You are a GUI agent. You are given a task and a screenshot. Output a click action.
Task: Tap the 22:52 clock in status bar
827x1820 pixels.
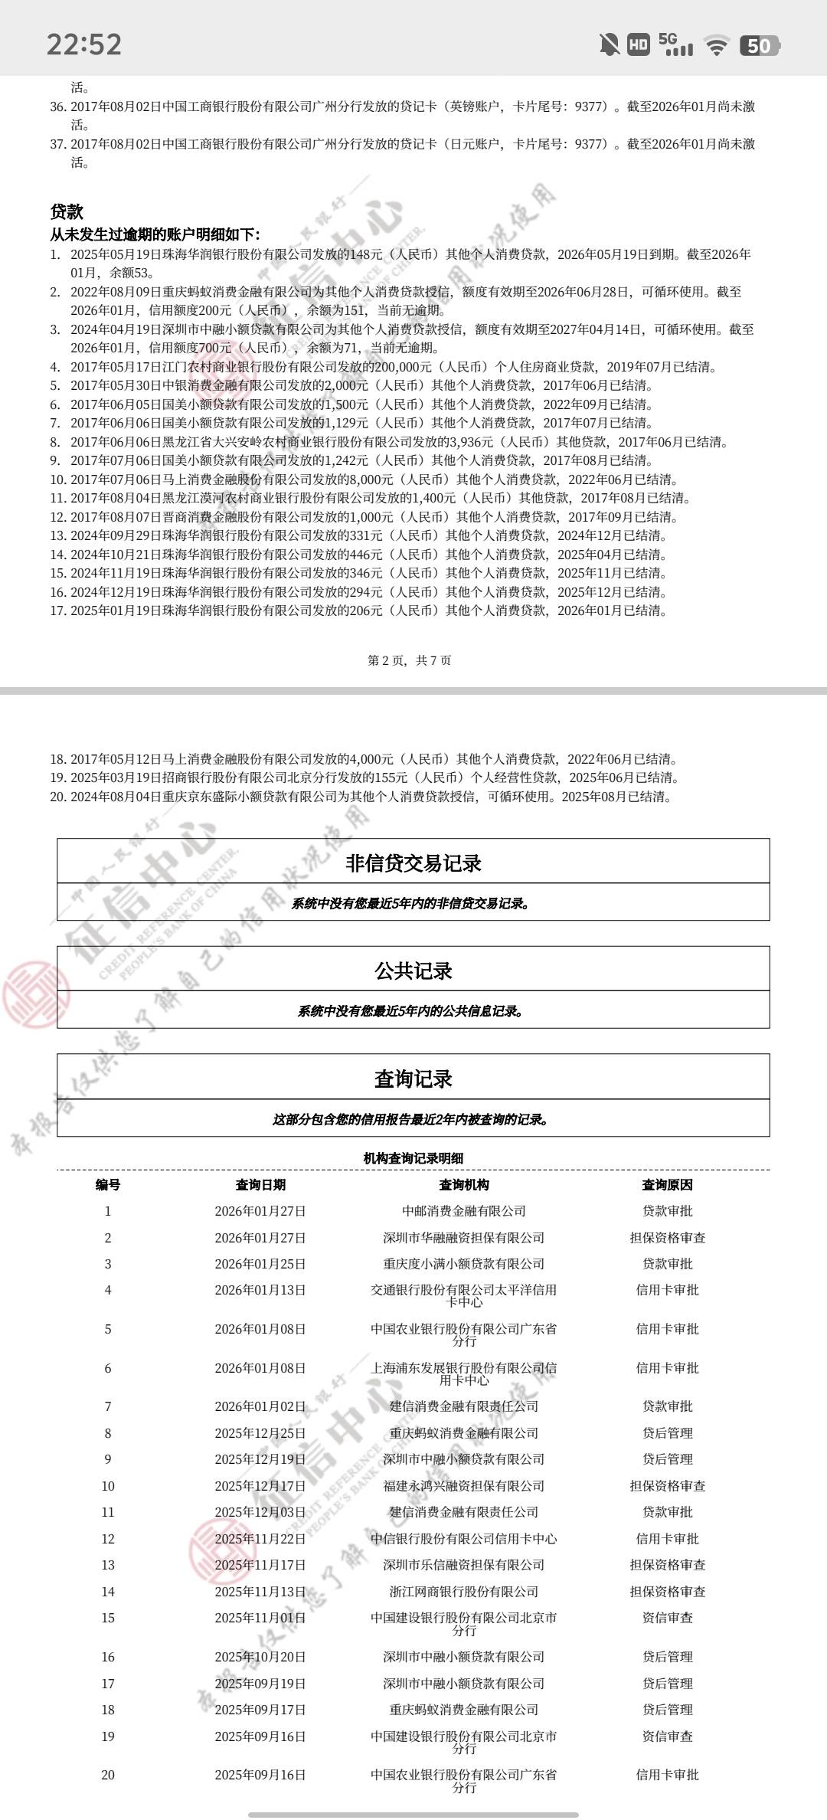click(x=84, y=44)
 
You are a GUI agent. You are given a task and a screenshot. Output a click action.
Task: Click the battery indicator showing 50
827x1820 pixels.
click(x=758, y=46)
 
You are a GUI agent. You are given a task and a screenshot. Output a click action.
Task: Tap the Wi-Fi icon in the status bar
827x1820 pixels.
click(x=717, y=46)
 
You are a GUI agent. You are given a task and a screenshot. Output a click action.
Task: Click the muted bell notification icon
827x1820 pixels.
click(x=610, y=44)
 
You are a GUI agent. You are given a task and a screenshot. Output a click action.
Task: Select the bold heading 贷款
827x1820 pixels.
click(x=67, y=212)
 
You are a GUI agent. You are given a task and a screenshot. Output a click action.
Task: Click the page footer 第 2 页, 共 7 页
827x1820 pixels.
click(x=410, y=660)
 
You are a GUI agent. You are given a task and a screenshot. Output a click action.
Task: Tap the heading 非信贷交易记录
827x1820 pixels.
click(x=413, y=863)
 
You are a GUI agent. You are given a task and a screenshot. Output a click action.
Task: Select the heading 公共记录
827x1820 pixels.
click(x=413, y=971)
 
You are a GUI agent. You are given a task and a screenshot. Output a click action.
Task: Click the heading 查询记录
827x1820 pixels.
click(x=413, y=1079)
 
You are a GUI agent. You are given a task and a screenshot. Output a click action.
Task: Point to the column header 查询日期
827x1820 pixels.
click(x=260, y=1185)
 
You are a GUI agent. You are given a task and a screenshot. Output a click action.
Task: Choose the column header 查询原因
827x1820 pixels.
click(x=667, y=1185)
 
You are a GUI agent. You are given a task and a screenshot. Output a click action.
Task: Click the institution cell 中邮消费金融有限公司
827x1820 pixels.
click(x=464, y=1211)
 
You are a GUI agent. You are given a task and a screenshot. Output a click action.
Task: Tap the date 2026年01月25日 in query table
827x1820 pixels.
click(x=260, y=1264)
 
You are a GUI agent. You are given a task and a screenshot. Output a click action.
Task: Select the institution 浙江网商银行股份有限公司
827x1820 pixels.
click(x=464, y=1592)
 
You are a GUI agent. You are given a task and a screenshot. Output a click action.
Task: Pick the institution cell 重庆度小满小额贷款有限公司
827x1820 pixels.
click(x=464, y=1264)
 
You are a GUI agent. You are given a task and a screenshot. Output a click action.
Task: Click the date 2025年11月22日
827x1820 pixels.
click(x=260, y=1539)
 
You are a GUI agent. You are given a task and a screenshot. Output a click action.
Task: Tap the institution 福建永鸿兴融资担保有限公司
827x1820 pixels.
click(x=464, y=1486)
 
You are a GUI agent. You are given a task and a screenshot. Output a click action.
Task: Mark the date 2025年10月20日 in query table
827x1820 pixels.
click(x=260, y=1657)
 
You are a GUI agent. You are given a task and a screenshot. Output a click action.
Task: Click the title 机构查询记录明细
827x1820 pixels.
click(x=413, y=1158)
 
